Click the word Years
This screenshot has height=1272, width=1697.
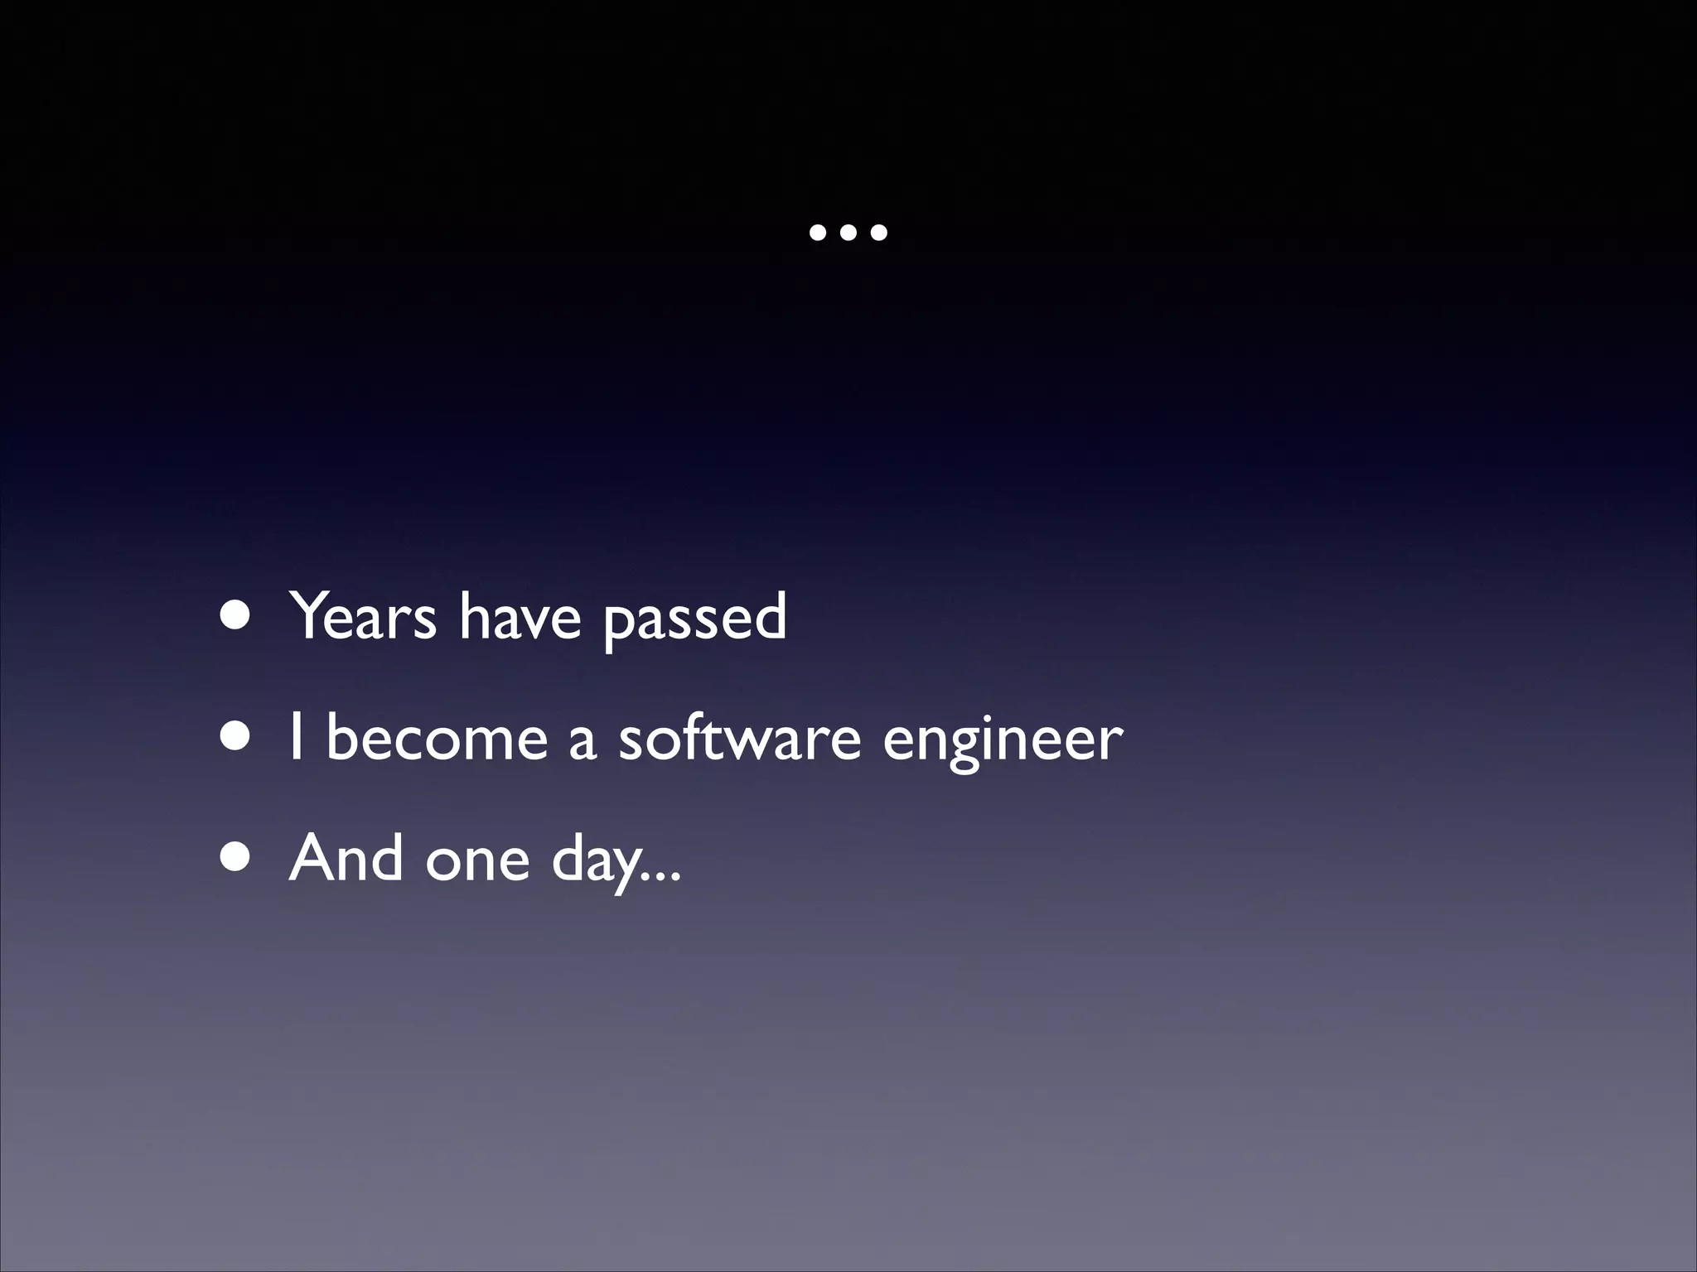coord(362,616)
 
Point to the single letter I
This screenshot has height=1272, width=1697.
coord(296,737)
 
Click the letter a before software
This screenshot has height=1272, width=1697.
coord(582,741)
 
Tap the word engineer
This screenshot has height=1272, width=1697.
coord(1003,741)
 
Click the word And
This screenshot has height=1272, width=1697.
coord(346,858)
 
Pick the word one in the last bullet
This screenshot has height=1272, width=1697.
coord(477,861)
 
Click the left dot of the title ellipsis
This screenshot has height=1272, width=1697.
coord(818,233)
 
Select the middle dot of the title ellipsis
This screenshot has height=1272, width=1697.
coord(848,233)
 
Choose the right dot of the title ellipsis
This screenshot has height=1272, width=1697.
coord(878,233)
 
